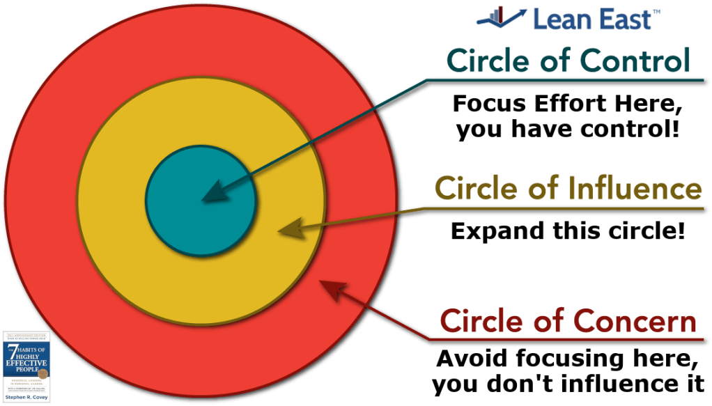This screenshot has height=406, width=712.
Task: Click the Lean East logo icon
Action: [x=500, y=17]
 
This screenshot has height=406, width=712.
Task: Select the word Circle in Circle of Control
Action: [x=486, y=62]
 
